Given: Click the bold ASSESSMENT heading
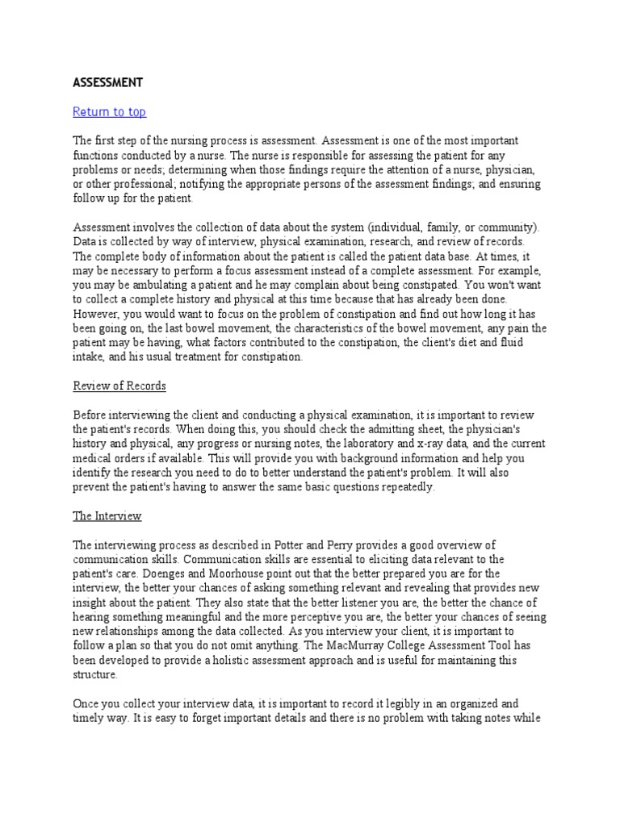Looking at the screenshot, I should point(107,82).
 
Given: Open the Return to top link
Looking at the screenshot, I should point(109,112).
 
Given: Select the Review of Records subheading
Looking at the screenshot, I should point(119,386).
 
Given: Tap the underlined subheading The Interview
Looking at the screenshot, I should point(107,515).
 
